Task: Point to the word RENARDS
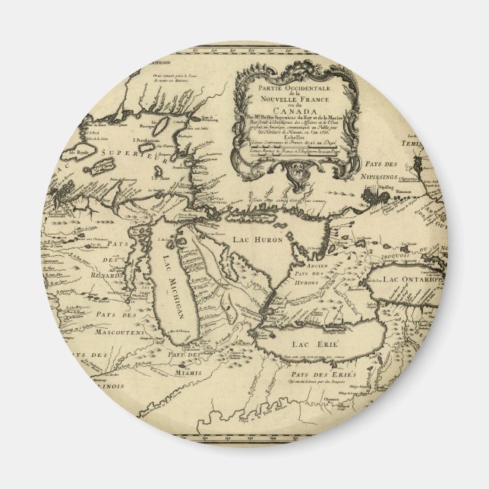pyautogui.click(x=106, y=275)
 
